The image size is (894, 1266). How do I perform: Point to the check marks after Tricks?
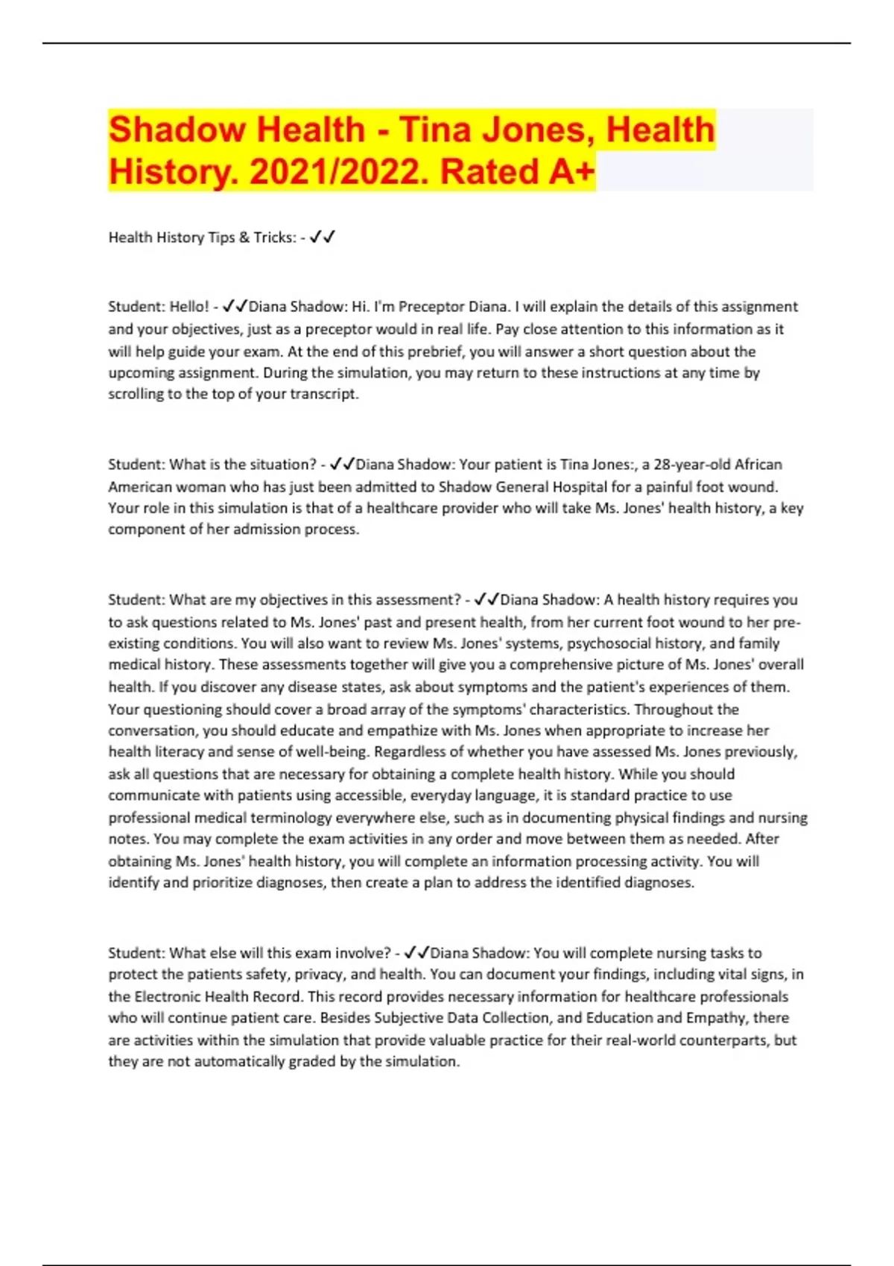click(x=323, y=238)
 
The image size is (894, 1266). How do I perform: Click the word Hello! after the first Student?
click(x=189, y=307)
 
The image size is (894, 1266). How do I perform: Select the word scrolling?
click(x=136, y=394)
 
